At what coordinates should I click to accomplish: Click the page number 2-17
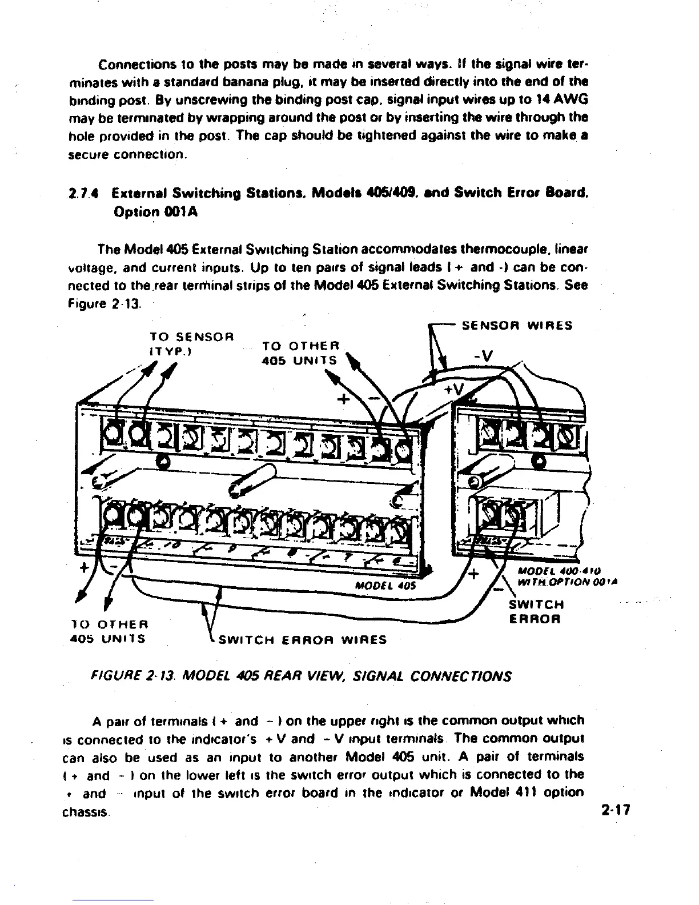tap(614, 810)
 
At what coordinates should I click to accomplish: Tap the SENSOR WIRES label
tap(517, 326)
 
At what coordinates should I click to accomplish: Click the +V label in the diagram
tap(456, 390)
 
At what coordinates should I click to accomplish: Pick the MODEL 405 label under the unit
tap(385, 586)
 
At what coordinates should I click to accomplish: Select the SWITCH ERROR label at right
tap(536, 611)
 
